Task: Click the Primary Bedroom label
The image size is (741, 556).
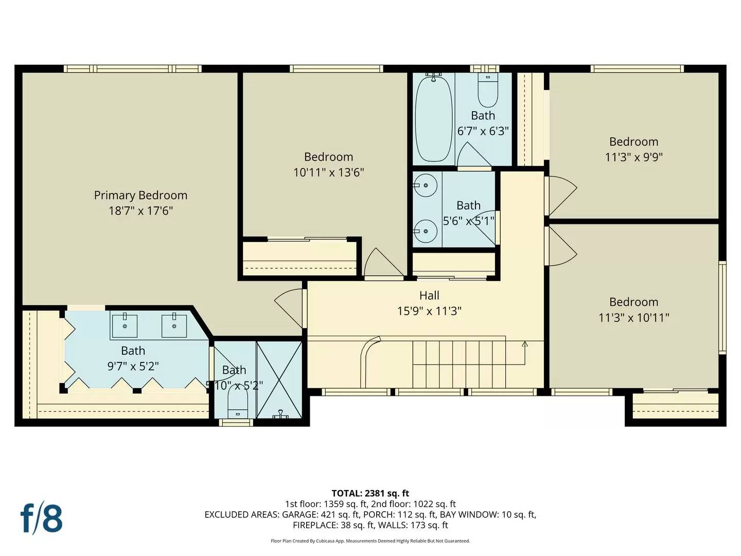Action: [140, 195]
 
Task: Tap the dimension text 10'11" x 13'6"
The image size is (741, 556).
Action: [328, 172]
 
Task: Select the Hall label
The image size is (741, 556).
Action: [429, 296]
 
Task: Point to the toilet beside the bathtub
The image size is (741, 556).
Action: [487, 91]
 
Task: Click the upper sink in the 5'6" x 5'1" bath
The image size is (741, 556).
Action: [426, 185]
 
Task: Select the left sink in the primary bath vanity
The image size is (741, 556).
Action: [125, 325]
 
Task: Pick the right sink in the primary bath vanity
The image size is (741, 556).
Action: [174, 325]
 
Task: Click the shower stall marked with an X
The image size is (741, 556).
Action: [279, 379]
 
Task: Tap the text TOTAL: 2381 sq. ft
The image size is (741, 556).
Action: [370, 493]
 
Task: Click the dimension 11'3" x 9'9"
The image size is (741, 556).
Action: [633, 157]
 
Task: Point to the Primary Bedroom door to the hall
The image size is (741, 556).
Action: [290, 308]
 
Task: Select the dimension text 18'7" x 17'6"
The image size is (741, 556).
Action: [140, 211]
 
